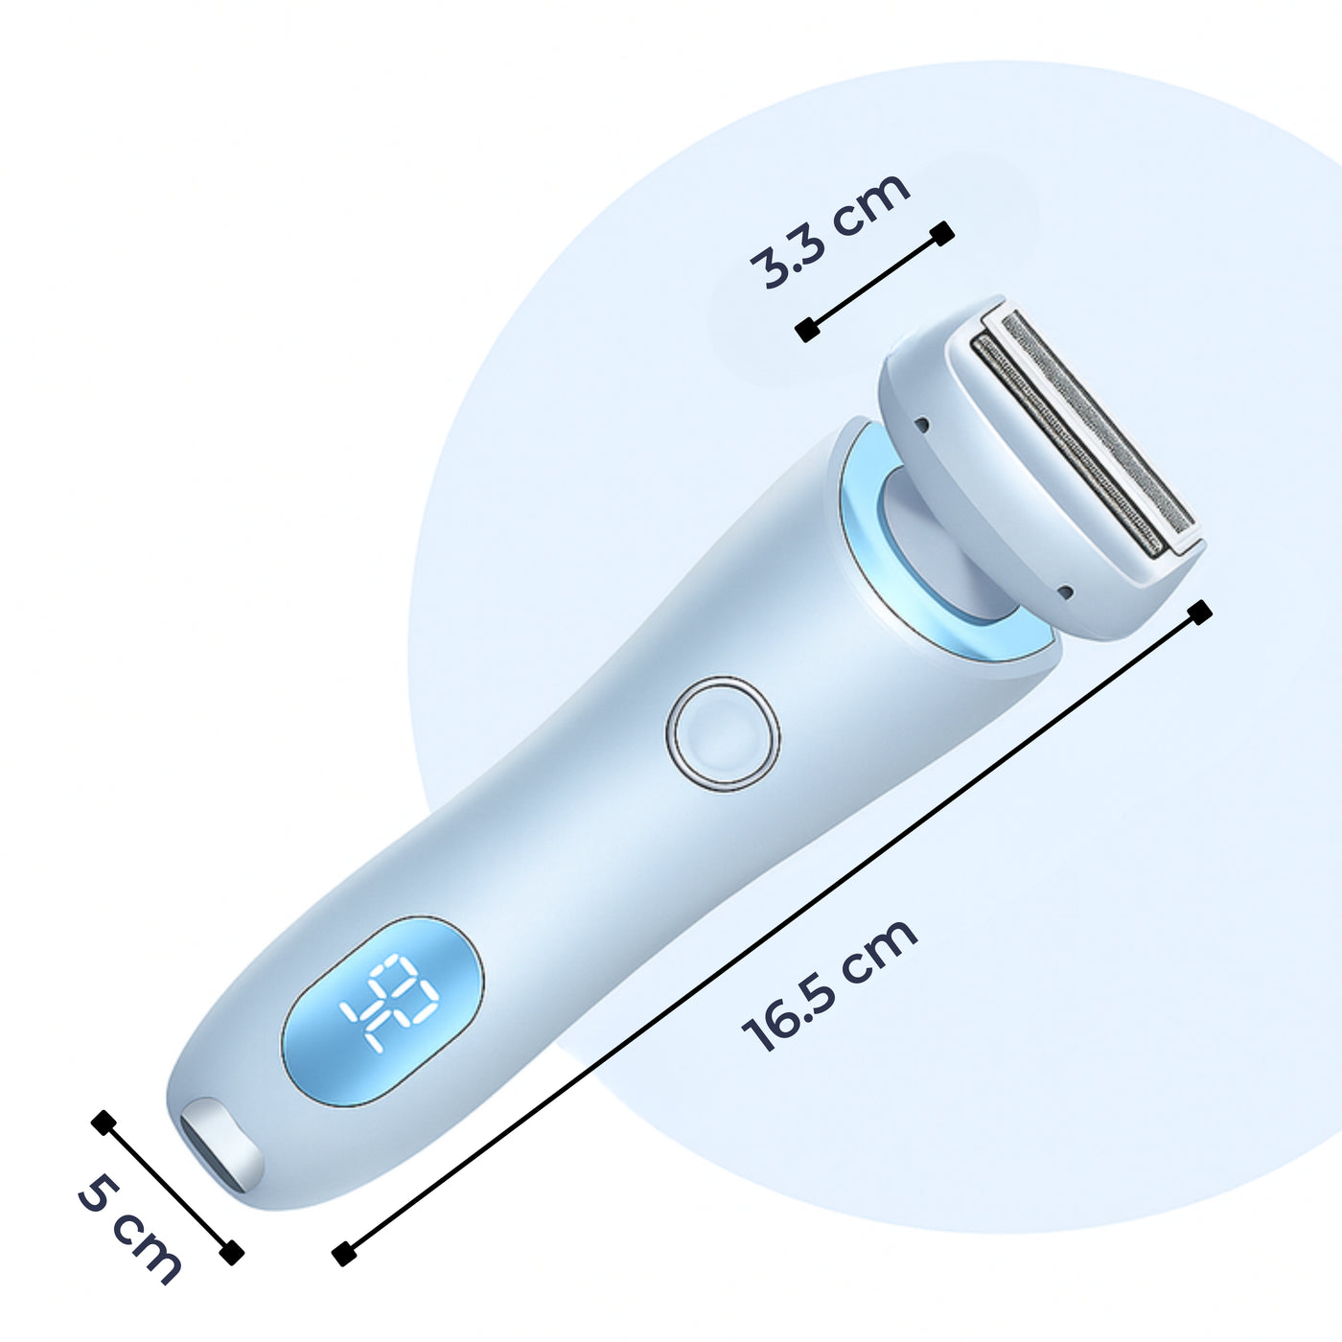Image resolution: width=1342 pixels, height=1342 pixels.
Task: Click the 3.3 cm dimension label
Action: (x=829, y=230)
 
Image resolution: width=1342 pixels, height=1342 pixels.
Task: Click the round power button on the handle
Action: (x=723, y=734)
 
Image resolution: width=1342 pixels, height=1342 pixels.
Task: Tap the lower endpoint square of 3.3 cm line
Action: (x=807, y=331)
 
